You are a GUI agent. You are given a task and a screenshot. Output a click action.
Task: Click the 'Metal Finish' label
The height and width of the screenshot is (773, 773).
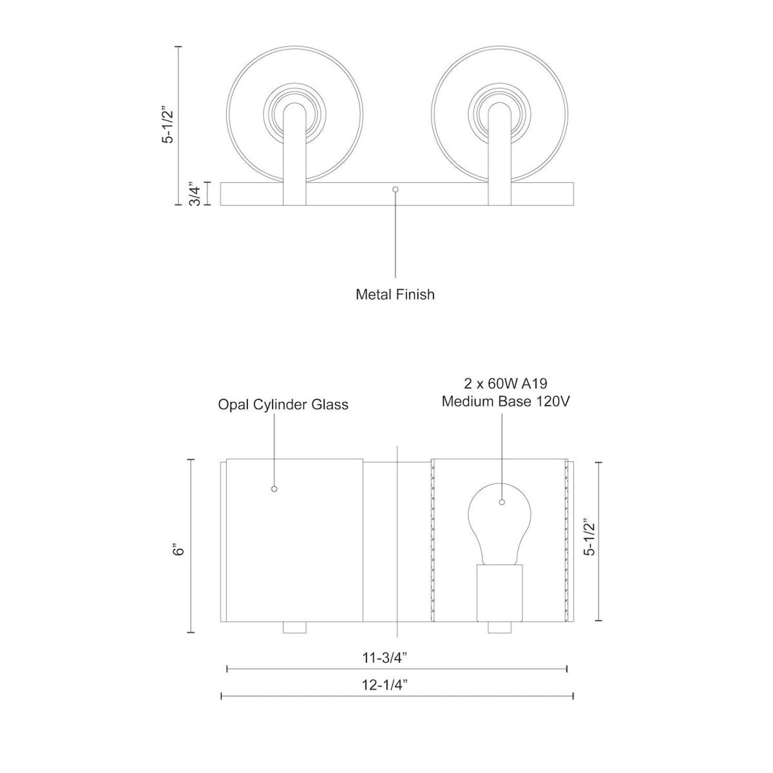pos(395,294)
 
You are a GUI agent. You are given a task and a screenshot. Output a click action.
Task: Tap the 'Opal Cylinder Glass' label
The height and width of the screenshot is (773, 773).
pos(283,405)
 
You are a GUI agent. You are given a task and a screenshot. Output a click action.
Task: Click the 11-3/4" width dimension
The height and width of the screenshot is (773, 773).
pos(385,658)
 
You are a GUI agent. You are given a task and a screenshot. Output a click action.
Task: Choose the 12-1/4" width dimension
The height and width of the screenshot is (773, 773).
pos(385,685)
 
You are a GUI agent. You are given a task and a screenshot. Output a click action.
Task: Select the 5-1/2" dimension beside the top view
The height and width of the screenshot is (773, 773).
pos(168,125)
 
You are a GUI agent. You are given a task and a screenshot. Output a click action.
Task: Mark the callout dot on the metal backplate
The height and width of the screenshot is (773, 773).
pos(396,189)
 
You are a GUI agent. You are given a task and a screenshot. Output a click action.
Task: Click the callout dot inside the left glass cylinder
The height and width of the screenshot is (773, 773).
pos(274,489)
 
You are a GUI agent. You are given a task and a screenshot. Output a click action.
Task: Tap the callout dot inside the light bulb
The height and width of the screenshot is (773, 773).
pos(502,503)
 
